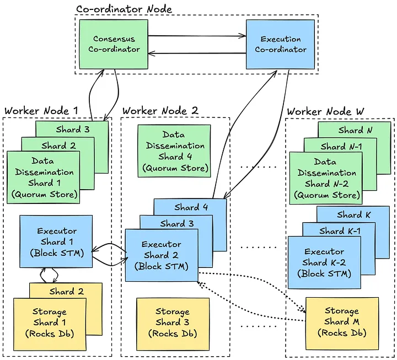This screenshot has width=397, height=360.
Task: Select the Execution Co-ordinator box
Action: click(x=280, y=44)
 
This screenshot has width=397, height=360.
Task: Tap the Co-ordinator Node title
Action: click(x=124, y=9)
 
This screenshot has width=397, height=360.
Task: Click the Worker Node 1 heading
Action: click(x=41, y=110)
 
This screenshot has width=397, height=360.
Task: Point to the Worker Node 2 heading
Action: click(x=160, y=110)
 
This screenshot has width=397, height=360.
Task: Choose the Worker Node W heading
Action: click(x=325, y=111)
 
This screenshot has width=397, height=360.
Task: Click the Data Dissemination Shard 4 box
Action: click(x=174, y=151)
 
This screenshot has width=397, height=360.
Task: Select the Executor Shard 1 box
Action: click(x=56, y=241)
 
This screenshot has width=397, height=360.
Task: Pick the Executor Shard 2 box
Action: click(x=161, y=255)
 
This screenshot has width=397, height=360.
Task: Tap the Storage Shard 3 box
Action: click(x=172, y=323)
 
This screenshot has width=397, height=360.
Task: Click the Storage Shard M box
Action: click(x=342, y=322)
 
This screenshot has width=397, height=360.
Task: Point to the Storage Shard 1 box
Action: click(x=49, y=323)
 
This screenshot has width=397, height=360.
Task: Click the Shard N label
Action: click(x=351, y=131)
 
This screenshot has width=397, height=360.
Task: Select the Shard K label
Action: click(x=350, y=215)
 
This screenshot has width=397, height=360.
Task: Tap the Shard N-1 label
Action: click(x=341, y=147)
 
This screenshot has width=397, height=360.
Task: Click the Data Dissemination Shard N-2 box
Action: click(x=325, y=178)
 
